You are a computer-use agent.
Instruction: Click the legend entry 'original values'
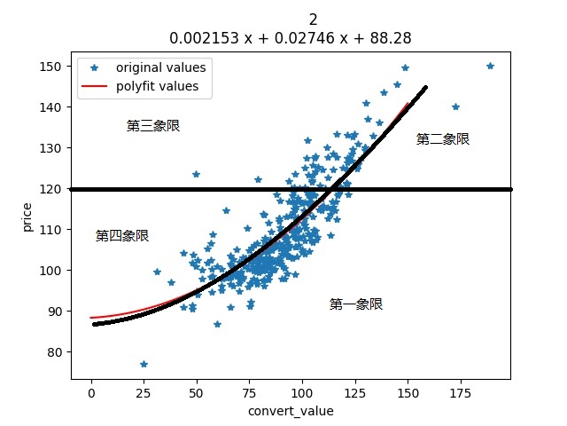click(x=160, y=67)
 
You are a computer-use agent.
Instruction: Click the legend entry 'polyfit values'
click(x=157, y=86)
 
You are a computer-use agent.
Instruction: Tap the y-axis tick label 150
click(x=53, y=67)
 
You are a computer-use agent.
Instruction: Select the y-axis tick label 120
click(x=53, y=189)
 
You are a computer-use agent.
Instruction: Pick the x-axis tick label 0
click(x=90, y=391)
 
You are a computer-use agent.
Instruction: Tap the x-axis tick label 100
click(x=302, y=391)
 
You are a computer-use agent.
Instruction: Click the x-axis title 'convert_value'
click(x=291, y=411)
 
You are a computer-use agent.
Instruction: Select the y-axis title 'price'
click(x=27, y=216)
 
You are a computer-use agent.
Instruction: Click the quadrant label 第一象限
click(x=356, y=304)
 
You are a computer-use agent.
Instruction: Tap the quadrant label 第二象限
click(x=442, y=139)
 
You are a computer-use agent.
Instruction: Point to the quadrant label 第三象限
click(x=153, y=126)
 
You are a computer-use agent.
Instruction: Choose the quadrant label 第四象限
click(x=122, y=236)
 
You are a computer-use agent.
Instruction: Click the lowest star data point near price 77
click(x=144, y=364)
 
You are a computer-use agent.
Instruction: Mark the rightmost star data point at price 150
click(x=490, y=66)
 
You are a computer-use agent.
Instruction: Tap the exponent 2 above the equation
click(x=314, y=20)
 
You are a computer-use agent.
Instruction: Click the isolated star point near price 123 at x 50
click(x=196, y=174)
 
